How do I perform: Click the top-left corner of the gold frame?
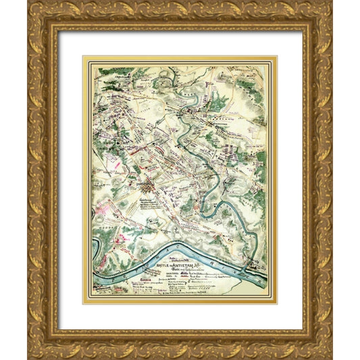pyautogui.click(x=28, y=3)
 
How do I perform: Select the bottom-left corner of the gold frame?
pyautogui.click(x=28, y=357)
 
